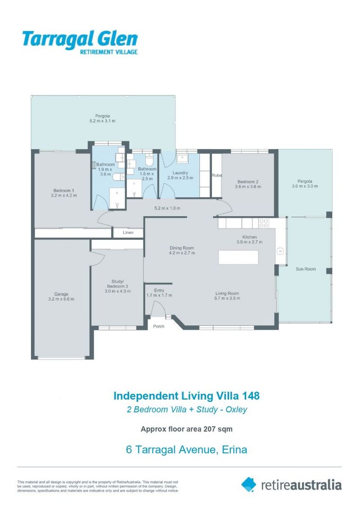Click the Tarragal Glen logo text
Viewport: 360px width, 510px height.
point(80,39)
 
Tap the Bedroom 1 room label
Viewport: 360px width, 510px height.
point(64,190)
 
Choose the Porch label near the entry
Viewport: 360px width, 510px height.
point(159,326)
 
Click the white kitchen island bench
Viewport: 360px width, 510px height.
point(238,257)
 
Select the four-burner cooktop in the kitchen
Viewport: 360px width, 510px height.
point(263,223)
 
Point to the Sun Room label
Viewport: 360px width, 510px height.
point(305,269)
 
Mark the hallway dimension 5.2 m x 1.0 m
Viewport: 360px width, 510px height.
point(167,208)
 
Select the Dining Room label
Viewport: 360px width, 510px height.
point(182,248)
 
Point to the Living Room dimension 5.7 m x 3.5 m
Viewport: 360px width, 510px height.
point(227,298)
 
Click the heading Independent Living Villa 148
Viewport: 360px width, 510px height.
point(187,396)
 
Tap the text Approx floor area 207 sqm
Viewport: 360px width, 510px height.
point(187,429)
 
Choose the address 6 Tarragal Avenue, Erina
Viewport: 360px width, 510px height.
point(187,450)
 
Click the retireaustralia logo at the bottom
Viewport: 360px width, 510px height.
point(291,484)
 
